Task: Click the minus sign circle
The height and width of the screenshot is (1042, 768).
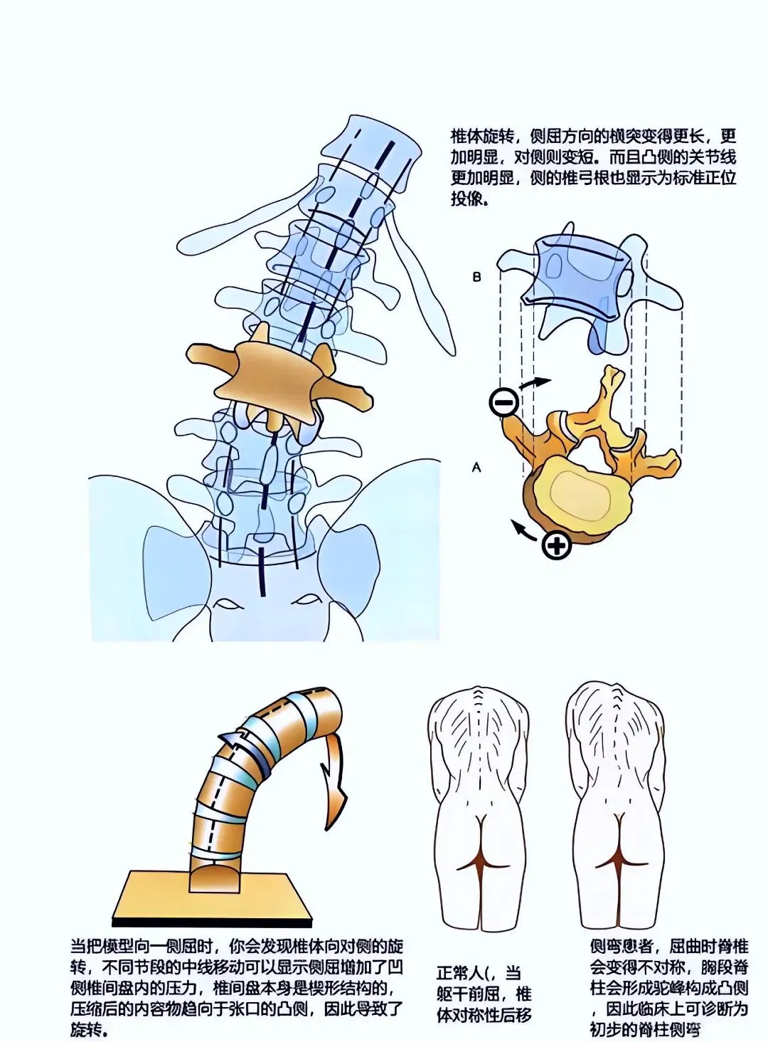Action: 503,403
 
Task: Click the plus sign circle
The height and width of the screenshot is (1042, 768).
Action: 556,546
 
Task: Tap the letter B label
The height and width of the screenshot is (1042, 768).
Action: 477,278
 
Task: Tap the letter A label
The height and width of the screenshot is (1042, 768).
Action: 476,468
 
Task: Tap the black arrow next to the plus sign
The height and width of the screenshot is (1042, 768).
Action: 525,528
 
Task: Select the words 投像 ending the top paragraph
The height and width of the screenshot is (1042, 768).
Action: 466,199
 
